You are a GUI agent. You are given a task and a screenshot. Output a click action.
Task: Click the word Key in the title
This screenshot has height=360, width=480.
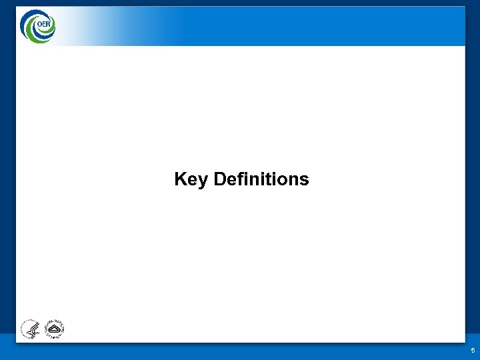coord(191,180)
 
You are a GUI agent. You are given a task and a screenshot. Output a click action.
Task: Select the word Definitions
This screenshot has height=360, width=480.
coord(261,179)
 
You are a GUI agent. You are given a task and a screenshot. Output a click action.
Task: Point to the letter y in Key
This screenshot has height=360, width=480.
coord(203,181)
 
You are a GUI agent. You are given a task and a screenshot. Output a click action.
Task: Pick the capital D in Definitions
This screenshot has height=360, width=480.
coord(221,179)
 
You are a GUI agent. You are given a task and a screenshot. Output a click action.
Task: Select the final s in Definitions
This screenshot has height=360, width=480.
coord(304,181)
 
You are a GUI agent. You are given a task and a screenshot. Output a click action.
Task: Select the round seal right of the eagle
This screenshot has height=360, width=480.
coord(53,328)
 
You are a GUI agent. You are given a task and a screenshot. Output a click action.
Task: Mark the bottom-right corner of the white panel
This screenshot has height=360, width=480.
coord(465,341)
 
